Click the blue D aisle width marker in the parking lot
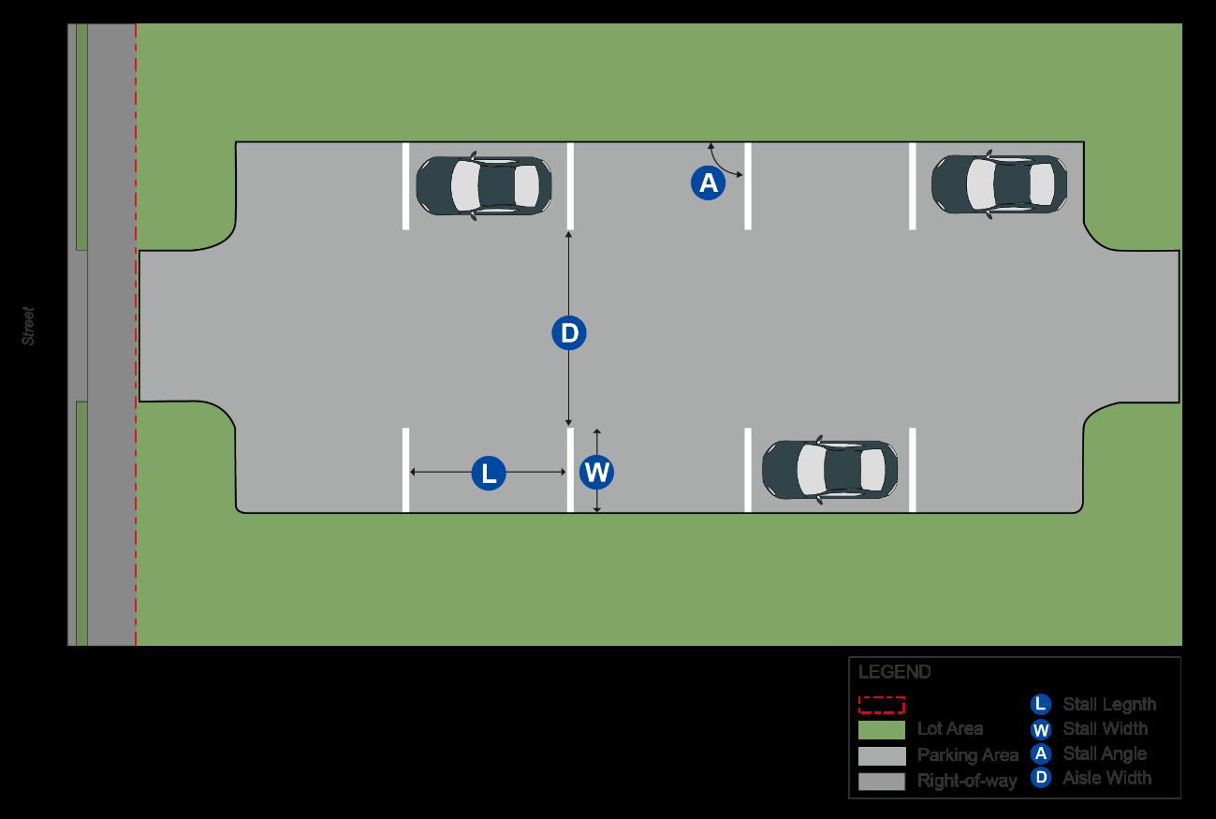click(568, 333)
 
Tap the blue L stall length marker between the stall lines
click(488, 473)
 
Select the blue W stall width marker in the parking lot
click(596, 472)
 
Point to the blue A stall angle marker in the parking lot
click(709, 183)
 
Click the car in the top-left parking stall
click(484, 185)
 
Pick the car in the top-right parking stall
click(999, 183)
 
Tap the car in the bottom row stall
click(829, 469)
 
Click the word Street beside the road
click(28, 326)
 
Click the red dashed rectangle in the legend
click(881, 705)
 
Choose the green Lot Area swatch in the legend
click(881, 729)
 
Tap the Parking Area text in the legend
click(967, 754)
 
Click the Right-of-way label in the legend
click(967, 780)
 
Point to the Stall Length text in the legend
click(1108, 704)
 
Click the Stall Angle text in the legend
click(1104, 753)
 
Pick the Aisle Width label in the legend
click(1106, 778)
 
